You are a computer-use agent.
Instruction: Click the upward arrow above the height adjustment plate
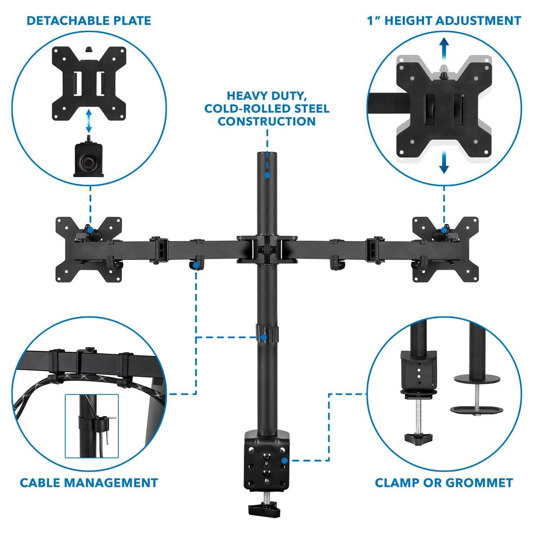pyautogui.click(x=444, y=48)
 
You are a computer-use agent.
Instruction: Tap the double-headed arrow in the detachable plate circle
pyautogui.click(x=89, y=121)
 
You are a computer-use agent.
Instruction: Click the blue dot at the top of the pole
pyautogui.click(x=267, y=175)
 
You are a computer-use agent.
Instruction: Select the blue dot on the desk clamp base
pyautogui.click(x=285, y=461)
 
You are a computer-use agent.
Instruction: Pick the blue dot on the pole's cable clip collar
pyautogui.click(x=264, y=338)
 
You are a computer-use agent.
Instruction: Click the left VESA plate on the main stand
pyautogui.click(x=89, y=249)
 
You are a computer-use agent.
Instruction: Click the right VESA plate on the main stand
pyautogui.click(x=445, y=249)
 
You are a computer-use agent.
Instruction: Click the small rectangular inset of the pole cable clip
pyautogui.click(x=92, y=426)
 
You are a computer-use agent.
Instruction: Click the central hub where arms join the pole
pyautogui.click(x=267, y=249)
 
